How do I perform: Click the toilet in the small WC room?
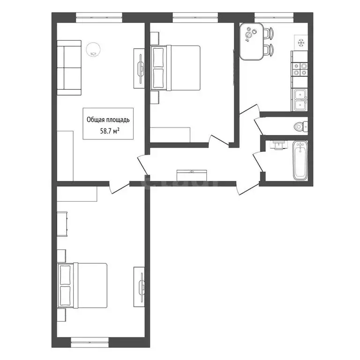(301, 126)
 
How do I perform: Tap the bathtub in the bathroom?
(300, 160)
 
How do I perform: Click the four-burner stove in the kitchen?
(300, 69)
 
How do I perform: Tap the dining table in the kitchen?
(251, 42)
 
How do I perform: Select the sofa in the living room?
(69, 68)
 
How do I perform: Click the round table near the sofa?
(93, 50)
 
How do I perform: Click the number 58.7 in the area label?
(106, 131)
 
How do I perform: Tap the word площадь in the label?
(117, 120)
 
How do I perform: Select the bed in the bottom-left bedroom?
(82, 285)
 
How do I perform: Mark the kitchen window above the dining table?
(274, 17)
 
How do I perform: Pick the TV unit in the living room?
(139, 68)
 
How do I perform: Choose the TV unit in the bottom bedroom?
(139, 287)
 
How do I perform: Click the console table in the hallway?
(192, 175)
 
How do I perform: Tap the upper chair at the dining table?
(269, 33)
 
